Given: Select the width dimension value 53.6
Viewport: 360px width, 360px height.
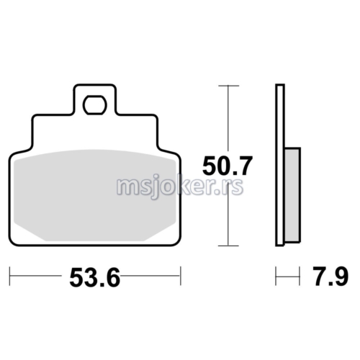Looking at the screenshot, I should [94, 276].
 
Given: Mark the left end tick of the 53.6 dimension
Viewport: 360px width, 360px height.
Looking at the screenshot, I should [10, 274].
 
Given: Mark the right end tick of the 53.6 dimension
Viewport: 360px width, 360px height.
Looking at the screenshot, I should [179, 274].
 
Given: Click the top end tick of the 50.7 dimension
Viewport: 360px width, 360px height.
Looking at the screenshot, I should [228, 86].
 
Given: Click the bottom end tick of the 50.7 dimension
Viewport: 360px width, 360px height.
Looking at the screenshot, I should [228, 246].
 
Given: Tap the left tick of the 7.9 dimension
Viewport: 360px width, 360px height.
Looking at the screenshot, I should [276, 274].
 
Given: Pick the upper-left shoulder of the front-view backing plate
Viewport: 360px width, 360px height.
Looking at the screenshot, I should [33, 119].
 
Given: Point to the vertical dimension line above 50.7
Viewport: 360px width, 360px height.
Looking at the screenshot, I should [228, 119].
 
